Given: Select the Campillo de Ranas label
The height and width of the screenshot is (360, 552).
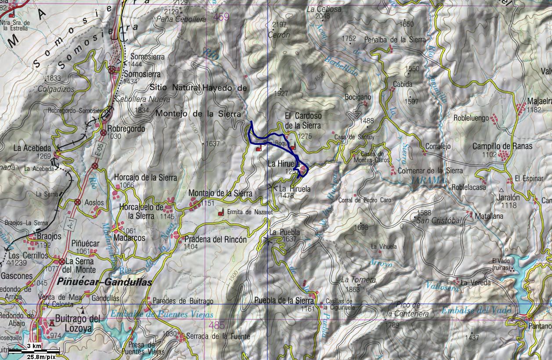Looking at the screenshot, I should tap(502, 146).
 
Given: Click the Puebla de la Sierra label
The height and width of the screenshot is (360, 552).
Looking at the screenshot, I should tap(284, 301).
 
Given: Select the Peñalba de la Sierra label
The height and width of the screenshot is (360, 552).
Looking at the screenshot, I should tap(395, 40).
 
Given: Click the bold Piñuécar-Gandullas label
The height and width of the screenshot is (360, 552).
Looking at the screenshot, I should tap(104, 282).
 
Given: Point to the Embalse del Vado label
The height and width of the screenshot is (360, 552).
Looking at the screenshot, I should tap(476, 310).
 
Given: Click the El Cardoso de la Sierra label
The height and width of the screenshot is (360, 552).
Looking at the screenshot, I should tap(303, 120).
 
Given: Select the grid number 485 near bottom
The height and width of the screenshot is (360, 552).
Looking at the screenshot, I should tap(217, 325).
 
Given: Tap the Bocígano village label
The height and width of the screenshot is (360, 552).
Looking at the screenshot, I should tap(358, 97).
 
